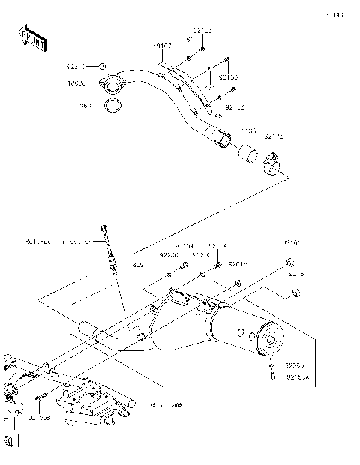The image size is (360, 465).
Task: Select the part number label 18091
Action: tap(138, 264)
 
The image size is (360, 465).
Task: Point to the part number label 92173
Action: tap(274, 136)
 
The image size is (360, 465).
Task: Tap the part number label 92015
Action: tap(237, 264)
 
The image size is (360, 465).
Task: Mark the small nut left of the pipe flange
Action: tap(103, 66)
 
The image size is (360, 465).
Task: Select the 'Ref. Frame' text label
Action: tap(164, 404)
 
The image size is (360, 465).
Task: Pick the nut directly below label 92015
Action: tap(238, 283)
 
